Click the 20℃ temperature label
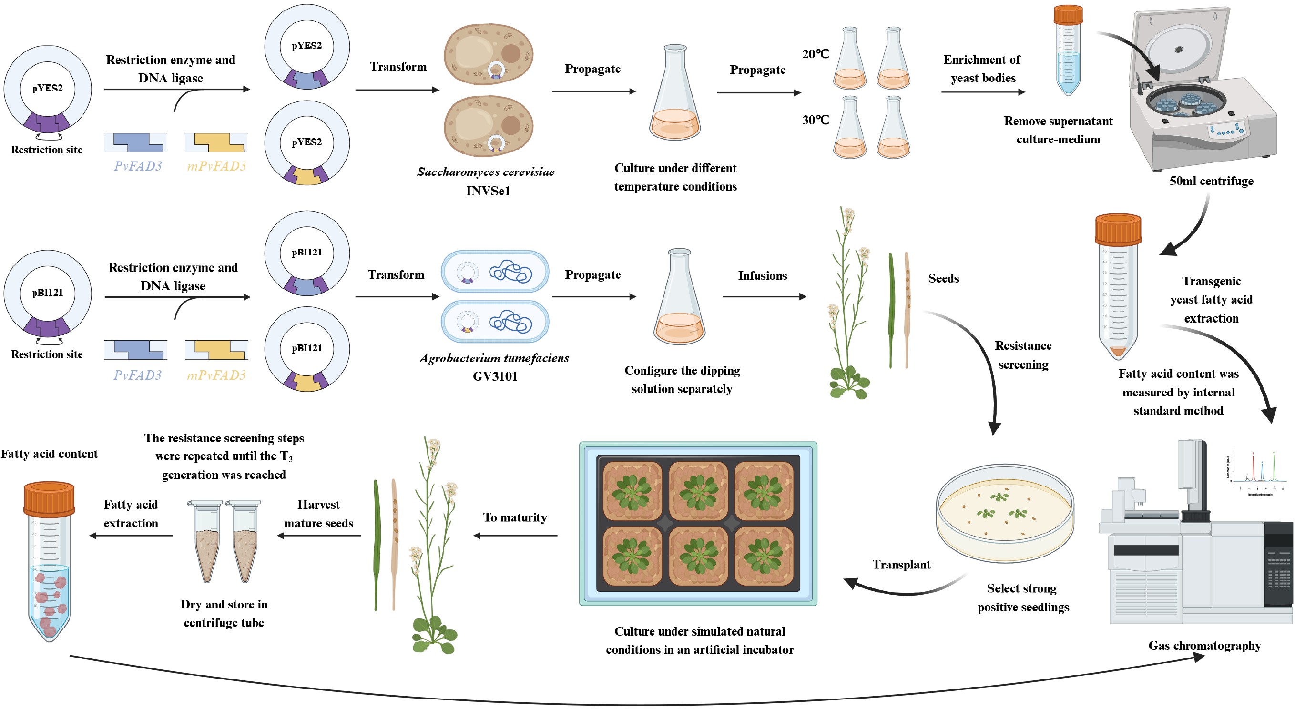point(816,54)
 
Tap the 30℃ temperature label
point(816,120)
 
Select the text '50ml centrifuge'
point(1211,181)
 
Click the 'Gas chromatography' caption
point(1204,646)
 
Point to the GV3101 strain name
point(495,376)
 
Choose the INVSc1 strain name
point(488,191)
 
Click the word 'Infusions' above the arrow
point(762,275)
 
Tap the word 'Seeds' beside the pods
point(943,278)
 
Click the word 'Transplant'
point(901,564)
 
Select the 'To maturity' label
point(515,517)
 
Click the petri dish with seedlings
point(1005,513)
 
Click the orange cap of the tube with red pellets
point(49,498)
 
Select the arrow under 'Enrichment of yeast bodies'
point(983,92)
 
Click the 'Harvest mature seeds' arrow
point(319,536)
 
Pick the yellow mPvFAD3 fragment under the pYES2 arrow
point(216,142)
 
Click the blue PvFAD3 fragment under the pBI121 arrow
point(136,350)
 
